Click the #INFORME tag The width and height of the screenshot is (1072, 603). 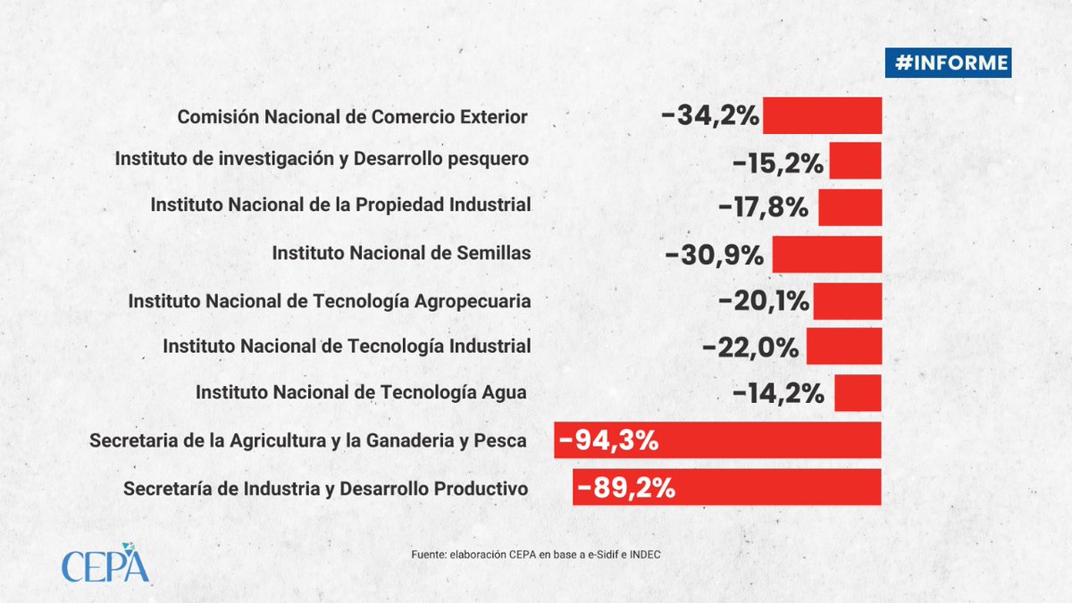[948, 63]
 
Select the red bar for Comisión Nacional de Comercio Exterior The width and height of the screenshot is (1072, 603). [822, 116]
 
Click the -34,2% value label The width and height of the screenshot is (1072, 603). [710, 116]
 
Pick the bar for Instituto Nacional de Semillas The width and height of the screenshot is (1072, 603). [826, 254]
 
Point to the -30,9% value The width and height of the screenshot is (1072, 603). [715, 255]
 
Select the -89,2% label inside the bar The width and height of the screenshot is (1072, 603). [625, 488]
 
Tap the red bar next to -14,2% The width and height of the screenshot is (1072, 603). [858, 393]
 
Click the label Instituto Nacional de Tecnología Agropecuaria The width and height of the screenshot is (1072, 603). [330, 301]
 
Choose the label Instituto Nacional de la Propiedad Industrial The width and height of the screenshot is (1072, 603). [340, 205]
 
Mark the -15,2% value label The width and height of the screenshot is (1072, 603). [778, 163]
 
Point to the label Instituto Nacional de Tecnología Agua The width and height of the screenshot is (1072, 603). [361, 392]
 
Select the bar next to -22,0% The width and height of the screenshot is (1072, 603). [843, 347]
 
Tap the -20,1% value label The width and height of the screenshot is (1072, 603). [764, 301]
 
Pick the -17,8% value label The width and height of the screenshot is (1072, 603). [764, 207]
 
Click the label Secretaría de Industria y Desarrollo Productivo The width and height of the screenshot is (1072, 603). [326, 489]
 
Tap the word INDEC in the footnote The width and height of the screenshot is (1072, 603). [642, 556]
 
